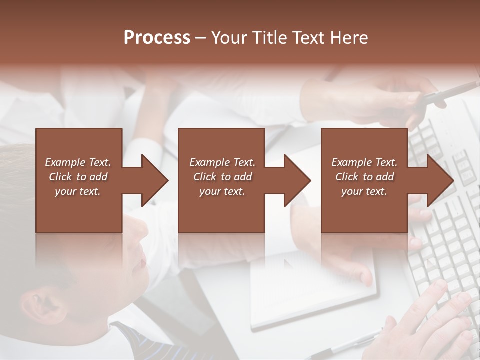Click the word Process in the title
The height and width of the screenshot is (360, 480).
pos(157,38)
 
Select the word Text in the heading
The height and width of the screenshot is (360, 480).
pos(310,38)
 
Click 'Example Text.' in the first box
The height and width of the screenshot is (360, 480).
pos(78,162)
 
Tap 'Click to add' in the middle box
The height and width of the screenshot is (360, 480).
pos(222,177)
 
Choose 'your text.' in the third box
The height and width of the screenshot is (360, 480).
pos(364,191)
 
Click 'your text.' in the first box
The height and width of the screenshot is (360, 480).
pos(78,191)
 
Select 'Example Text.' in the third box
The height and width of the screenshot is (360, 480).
pos(364,162)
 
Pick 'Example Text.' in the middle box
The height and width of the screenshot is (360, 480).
pos(222,162)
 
